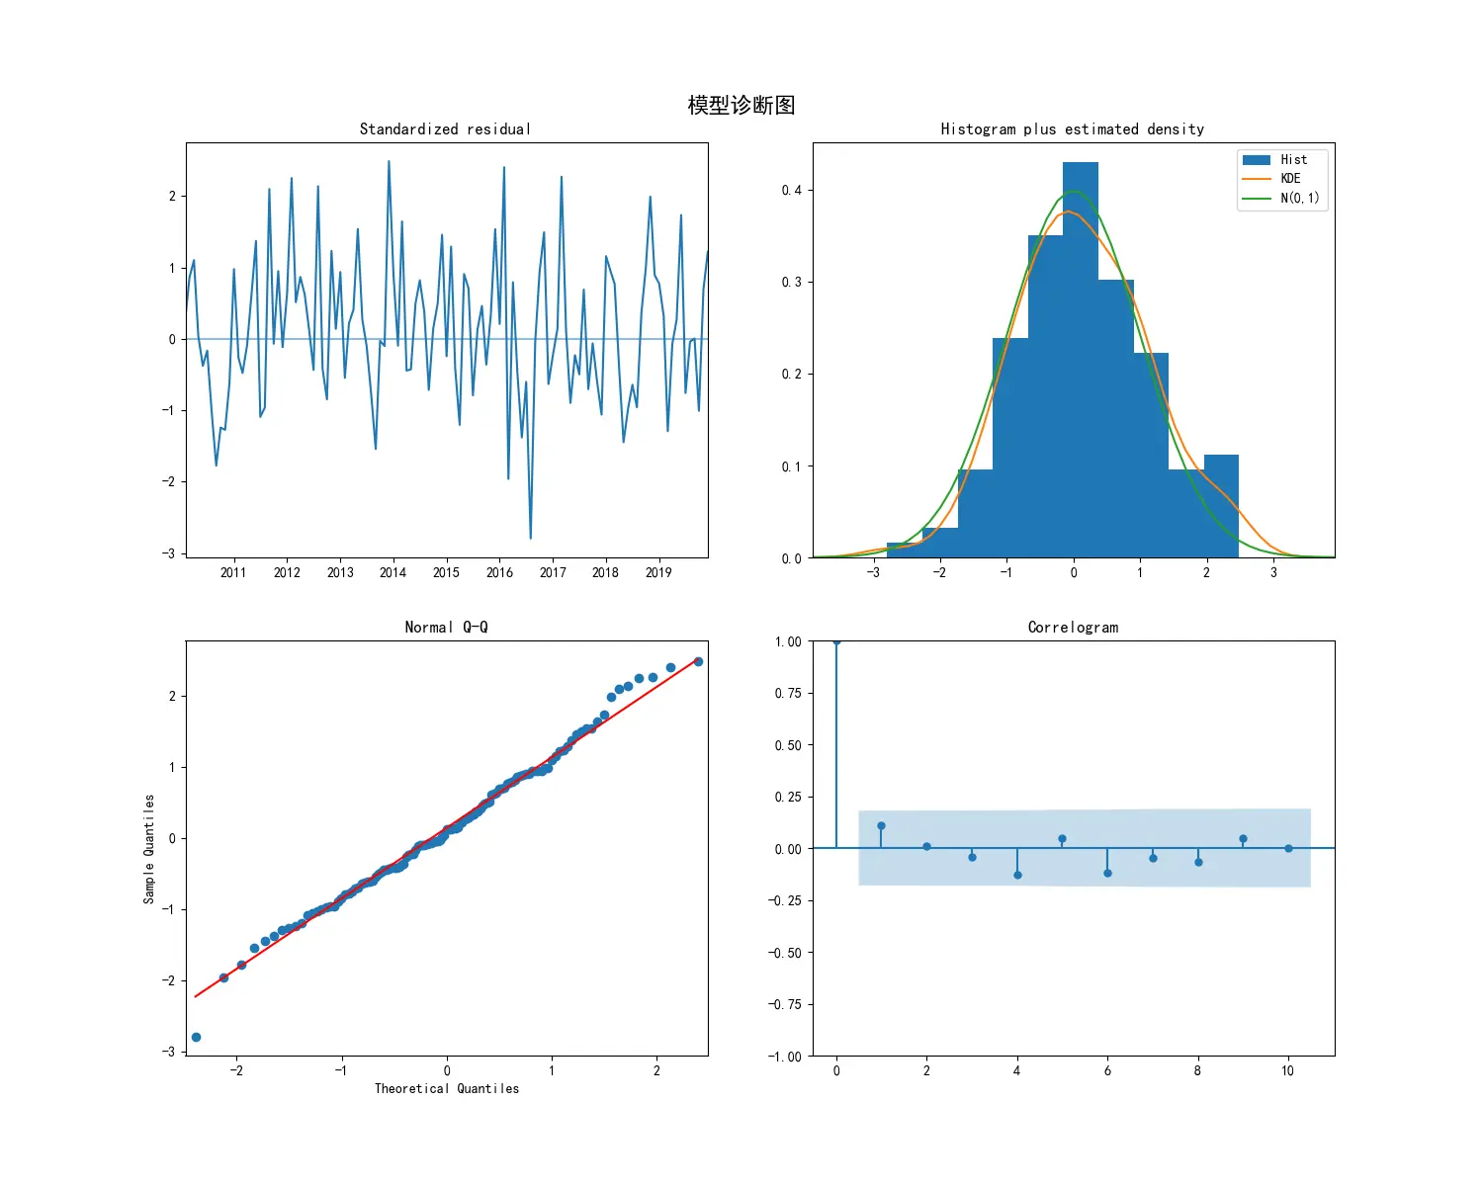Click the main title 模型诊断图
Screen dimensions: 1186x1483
pos(741,106)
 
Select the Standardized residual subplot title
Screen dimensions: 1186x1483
pos(445,129)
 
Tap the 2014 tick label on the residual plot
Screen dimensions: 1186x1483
pos(393,572)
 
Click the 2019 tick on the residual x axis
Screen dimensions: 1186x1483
pos(658,572)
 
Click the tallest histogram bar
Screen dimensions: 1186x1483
pos(1081,356)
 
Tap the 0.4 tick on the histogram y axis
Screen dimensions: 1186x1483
pos(791,190)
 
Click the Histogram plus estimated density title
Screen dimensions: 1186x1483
pos(1073,129)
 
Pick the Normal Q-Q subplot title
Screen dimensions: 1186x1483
pos(446,628)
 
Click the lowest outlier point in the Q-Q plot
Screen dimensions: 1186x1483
pos(196,1037)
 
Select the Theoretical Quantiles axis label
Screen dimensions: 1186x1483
pos(446,1089)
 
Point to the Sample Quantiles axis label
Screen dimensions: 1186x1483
pos(149,849)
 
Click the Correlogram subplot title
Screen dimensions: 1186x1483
pos(1073,628)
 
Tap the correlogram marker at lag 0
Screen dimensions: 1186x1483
pos(836,641)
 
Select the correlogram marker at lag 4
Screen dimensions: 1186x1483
pos(1017,875)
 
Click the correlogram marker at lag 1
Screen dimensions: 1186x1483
pos(881,826)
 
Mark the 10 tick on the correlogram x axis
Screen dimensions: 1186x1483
pos(1287,1071)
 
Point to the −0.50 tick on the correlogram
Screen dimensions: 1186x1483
pos(787,953)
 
